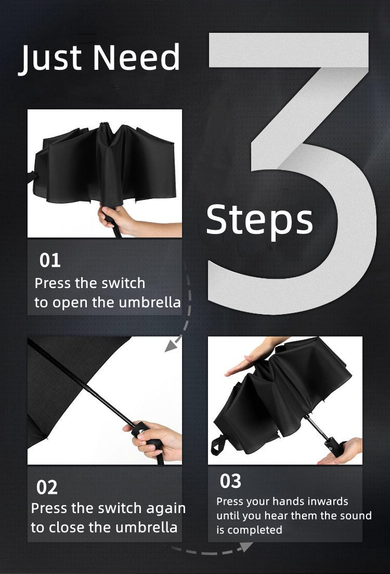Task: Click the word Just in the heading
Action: point(50,58)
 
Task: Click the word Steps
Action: point(259,220)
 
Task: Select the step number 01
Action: point(50,260)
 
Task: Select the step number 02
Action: point(47,487)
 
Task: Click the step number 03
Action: point(231,481)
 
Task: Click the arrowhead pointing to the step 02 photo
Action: point(171,345)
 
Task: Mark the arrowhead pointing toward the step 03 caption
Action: point(245,547)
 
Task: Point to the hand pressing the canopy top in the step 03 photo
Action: point(252,357)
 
